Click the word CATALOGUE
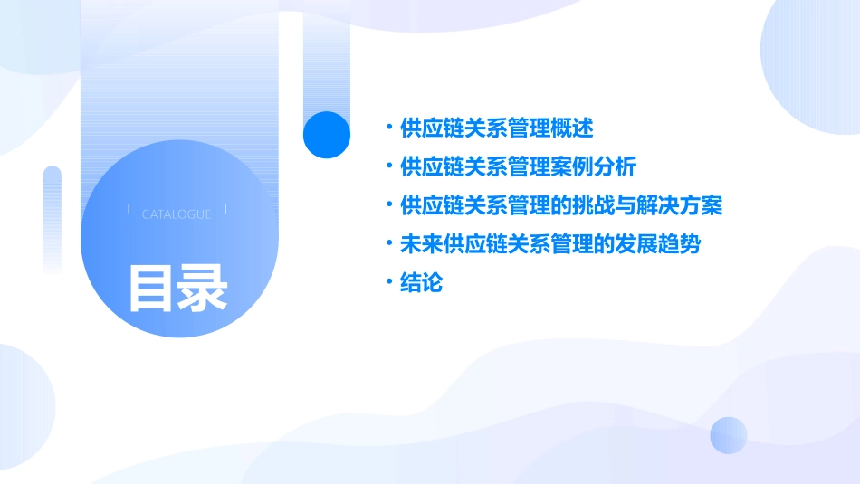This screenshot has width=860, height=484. coord(177,214)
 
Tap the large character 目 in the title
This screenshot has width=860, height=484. coord(149,288)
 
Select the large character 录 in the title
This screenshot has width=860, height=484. coord(202,288)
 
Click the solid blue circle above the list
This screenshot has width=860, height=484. coord(327,134)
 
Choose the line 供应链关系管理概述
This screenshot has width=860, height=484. coord(496,128)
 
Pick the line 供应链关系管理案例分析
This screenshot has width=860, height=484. coord(518,167)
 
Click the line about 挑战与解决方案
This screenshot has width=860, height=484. coord(561,205)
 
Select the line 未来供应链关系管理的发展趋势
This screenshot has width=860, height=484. coord(550,244)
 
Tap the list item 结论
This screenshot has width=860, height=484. coord(421,283)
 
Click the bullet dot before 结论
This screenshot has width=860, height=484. coord(389,283)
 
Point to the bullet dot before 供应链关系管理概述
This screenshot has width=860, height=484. coord(389,128)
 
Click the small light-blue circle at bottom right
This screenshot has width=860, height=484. coord(729,435)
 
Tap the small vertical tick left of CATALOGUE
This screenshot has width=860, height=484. coord(129,209)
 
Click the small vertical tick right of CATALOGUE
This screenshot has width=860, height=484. coord(225,209)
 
